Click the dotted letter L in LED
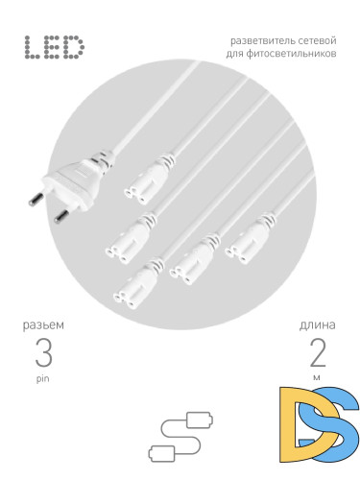coord(33,47)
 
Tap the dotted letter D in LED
coord(73,47)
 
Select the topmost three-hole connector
coord(149,180)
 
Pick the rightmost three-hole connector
coord(250,238)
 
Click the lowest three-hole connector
coord(138,283)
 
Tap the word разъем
coord(43,325)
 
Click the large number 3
coord(43,352)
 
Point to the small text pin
coord(43,378)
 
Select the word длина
coord(317,325)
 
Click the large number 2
coord(318,352)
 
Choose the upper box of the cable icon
coord(199,420)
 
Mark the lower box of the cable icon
coord(162,453)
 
